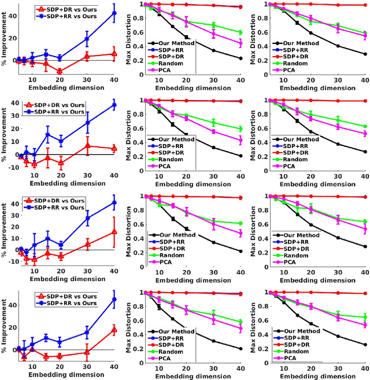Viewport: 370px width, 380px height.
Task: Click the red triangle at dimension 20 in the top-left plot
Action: coord(59,72)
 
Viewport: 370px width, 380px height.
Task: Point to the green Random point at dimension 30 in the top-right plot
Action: coord(338,26)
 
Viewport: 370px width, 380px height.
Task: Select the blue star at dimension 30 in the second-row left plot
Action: coord(87,123)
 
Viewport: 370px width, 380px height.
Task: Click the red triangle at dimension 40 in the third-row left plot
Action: coord(113,232)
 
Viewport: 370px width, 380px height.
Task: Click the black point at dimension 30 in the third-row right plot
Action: coord(338,237)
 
